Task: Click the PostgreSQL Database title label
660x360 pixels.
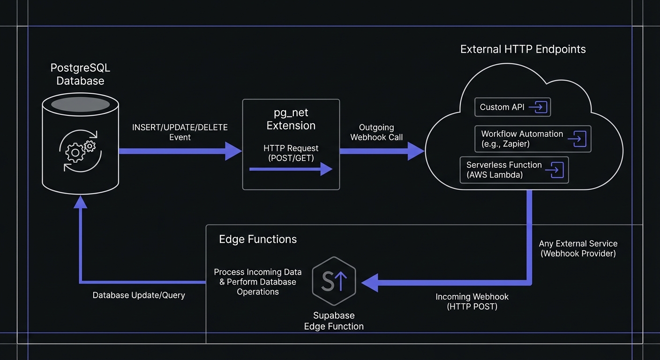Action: (x=80, y=75)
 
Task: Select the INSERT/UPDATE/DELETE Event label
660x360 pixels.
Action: (x=180, y=132)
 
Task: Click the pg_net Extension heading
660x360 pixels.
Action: (x=291, y=120)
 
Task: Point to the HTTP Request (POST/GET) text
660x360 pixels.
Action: (x=291, y=153)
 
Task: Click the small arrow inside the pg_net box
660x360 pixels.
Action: (x=291, y=169)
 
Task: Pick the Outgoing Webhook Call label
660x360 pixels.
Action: (x=376, y=132)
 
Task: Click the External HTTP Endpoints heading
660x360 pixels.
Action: (x=523, y=49)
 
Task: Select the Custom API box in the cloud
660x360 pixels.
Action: (x=512, y=107)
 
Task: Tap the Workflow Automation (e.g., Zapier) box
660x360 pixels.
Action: (x=532, y=139)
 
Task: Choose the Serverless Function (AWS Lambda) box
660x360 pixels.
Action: (x=514, y=170)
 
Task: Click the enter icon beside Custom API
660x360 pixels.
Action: (x=538, y=107)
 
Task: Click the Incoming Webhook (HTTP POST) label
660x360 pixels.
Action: (x=472, y=301)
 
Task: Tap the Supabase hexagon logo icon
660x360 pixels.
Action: (x=334, y=281)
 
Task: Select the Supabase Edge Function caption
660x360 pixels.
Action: (x=334, y=321)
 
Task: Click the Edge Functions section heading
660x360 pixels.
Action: (x=258, y=239)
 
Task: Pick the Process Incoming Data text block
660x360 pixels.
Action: (x=258, y=282)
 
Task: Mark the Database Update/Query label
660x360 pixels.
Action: (x=139, y=295)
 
